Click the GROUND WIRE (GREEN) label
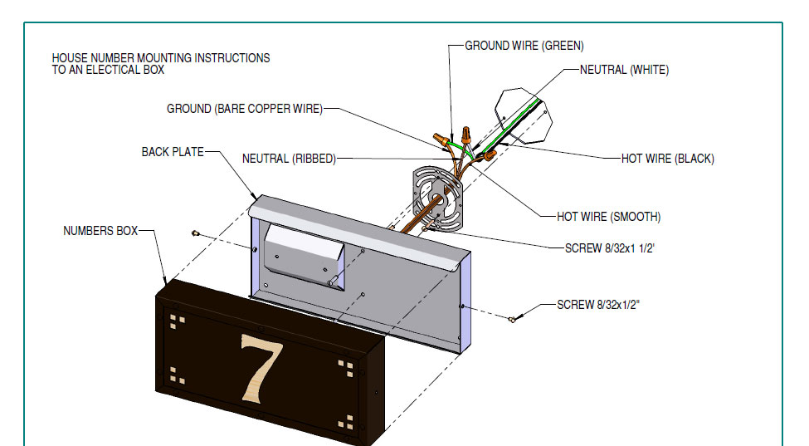pyautogui.click(x=524, y=46)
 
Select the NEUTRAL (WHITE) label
pyautogui.click(x=624, y=70)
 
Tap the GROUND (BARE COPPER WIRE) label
pyautogui.click(x=244, y=109)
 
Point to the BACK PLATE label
pyautogui.click(x=173, y=152)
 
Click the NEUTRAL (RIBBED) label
pyautogui.click(x=289, y=159)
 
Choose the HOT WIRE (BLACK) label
pyautogui.click(x=667, y=159)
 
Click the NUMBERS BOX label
pyautogui.click(x=100, y=231)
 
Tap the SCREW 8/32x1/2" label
pyautogui.click(x=598, y=305)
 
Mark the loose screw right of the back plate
pyautogui.click(x=513, y=318)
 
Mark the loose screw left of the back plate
pyautogui.click(x=196, y=233)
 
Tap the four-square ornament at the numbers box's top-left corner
pyautogui.click(x=176, y=320)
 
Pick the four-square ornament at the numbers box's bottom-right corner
pyautogui.click(x=344, y=429)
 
